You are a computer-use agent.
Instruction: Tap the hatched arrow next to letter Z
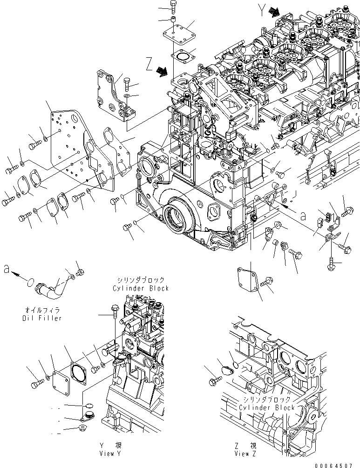tap(162, 70)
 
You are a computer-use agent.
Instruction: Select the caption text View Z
tap(244, 453)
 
